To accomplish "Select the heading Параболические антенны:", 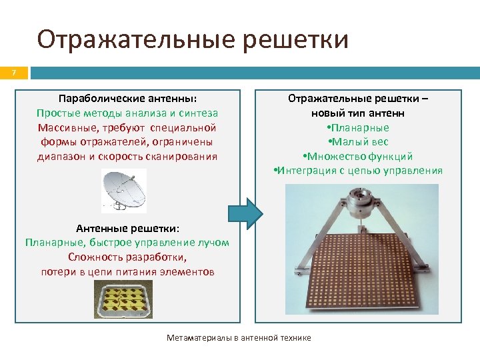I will click(x=127, y=98).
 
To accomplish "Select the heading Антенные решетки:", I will click(x=127, y=228).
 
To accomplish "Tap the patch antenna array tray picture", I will click(x=123, y=299).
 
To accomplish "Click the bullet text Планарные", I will click(x=359, y=127).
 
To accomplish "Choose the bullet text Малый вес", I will click(x=359, y=142).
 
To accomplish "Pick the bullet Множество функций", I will click(x=358, y=157).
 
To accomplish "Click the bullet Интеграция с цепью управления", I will click(x=358, y=171).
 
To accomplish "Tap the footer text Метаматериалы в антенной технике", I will click(x=238, y=338).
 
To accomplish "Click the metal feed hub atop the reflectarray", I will click(x=362, y=200).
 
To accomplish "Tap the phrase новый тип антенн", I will click(x=359, y=113).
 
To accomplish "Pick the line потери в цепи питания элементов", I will click(x=127, y=272).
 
